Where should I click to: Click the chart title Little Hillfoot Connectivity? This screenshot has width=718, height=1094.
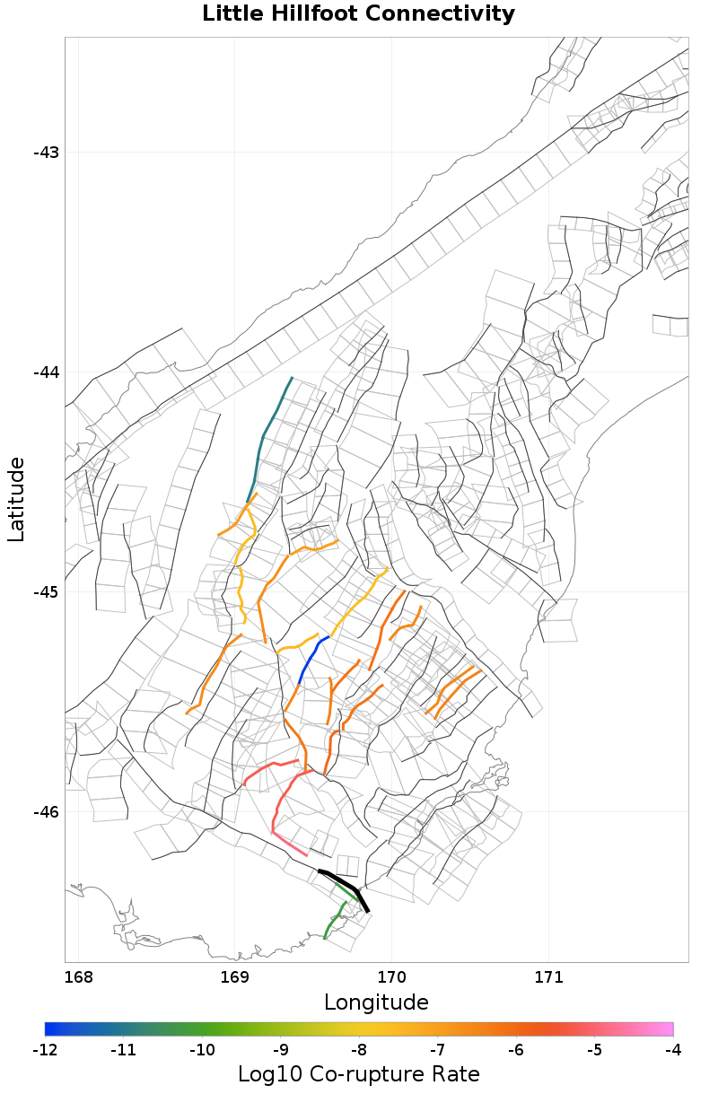click(x=359, y=14)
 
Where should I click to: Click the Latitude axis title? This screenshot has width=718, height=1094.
click(x=16, y=499)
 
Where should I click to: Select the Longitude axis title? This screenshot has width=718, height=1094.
click(x=376, y=1002)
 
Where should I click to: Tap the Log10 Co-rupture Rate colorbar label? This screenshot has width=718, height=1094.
click(x=359, y=1073)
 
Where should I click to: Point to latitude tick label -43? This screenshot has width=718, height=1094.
click(x=46, y=153)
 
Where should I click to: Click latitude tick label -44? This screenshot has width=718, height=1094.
click(x=46, y=372)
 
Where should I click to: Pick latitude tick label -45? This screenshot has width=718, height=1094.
click(x=46, y=592)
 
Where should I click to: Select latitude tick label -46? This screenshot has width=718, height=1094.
click(x=46, y=812)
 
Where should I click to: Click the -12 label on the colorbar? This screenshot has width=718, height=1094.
click(x=45, y=1049)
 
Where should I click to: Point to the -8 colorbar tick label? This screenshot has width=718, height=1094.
click(x=359, y=1049)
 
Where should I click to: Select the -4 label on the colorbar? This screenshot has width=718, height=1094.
click(x=672, y=1049)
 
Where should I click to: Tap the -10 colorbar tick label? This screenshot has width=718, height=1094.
click(x=202, y=1049)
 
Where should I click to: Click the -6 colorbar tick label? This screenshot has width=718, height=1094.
click(x=516, y=1049)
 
